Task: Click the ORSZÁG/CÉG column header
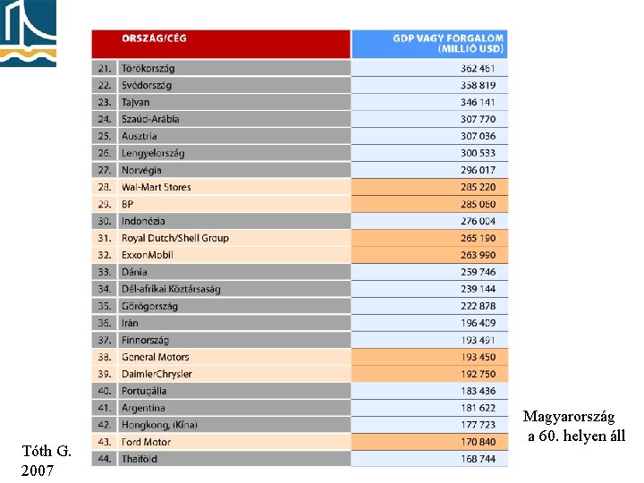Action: point(155,38)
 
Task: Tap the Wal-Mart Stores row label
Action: point(157,187)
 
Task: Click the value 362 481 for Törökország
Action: point(478,69)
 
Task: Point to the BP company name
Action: point(128,204)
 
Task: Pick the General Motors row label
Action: point(156,357)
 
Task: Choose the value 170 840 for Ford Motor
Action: point(478,442)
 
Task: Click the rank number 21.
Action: point(104,69)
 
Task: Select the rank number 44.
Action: point(104,459)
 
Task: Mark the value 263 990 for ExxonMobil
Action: point(478,255)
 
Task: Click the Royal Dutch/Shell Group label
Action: point(175,238)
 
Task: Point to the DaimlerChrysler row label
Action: point(157,374)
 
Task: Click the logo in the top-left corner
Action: point(28,32)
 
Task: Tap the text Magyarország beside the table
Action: point(569,418)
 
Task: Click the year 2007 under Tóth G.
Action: point(38,470)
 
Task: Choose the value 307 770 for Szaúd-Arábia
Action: point(478,119)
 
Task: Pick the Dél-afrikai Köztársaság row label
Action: point(171,289)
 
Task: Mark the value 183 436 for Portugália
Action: point(478,391)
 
